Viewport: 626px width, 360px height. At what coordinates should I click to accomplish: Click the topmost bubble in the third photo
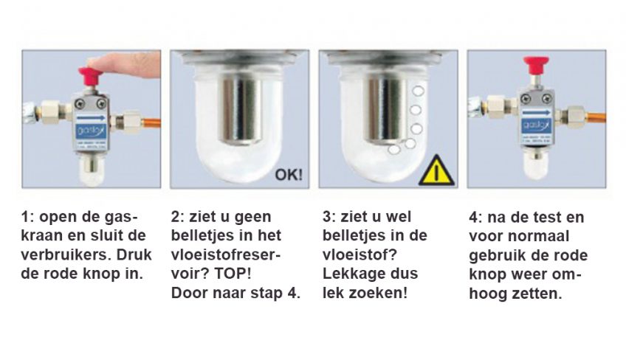(x=419, y=91)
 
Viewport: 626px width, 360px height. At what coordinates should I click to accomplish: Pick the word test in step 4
(x=556, y=218)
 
